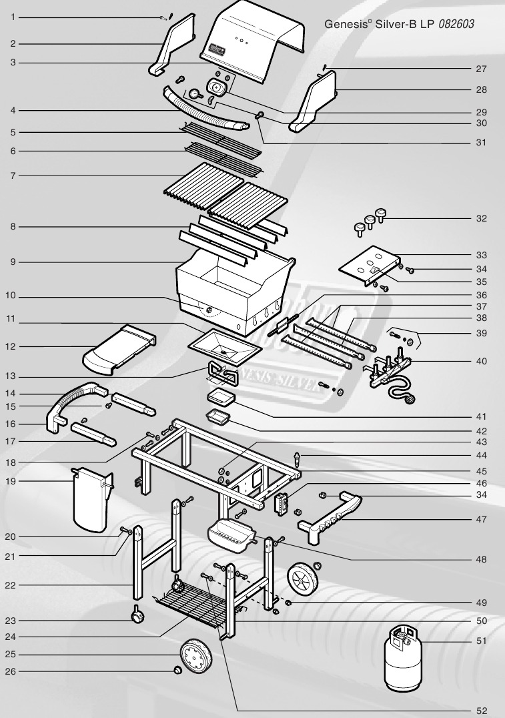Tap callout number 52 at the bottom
(x=481, y=711)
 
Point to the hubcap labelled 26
(x=176, y=671)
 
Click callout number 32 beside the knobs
(x=481, y=218)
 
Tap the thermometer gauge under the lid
(x=195, y=93)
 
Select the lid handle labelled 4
(x=207, y=110)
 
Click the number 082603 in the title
(x=456, y=24)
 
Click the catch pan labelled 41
(x=221, y=397)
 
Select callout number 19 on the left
(x=11, y=481)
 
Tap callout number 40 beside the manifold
(x=481, y=361)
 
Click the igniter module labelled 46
(x=281, y=504)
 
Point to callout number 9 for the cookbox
(x=13, y=262)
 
